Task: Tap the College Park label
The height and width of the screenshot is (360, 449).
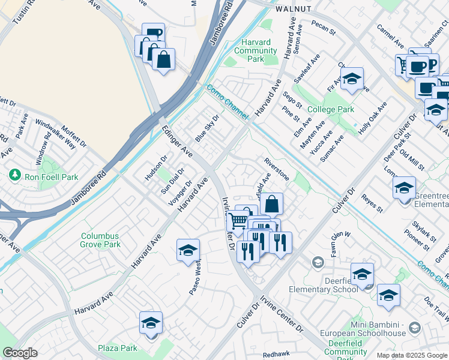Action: pyautogui.click(x=330, y=110)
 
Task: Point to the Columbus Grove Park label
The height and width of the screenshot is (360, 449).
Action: pyautogui.click(x=101, y=240)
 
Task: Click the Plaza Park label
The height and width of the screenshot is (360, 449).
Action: pyautogui.click(x=118, y=347)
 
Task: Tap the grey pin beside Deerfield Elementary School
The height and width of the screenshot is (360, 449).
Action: pyautogui.click(x=317, y=262)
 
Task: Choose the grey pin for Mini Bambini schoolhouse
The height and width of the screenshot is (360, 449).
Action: pyautogui.click(x=414, y=327)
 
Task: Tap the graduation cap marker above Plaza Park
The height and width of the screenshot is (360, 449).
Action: pyautogui.click(x=151, y=323)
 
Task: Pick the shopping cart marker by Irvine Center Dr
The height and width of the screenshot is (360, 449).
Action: pyautogui.click(x=238, y=221)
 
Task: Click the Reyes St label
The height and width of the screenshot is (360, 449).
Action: pyautogui.click(x=372, y=203)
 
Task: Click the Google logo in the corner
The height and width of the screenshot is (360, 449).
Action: pyautogui.click(x=20, y=353)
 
